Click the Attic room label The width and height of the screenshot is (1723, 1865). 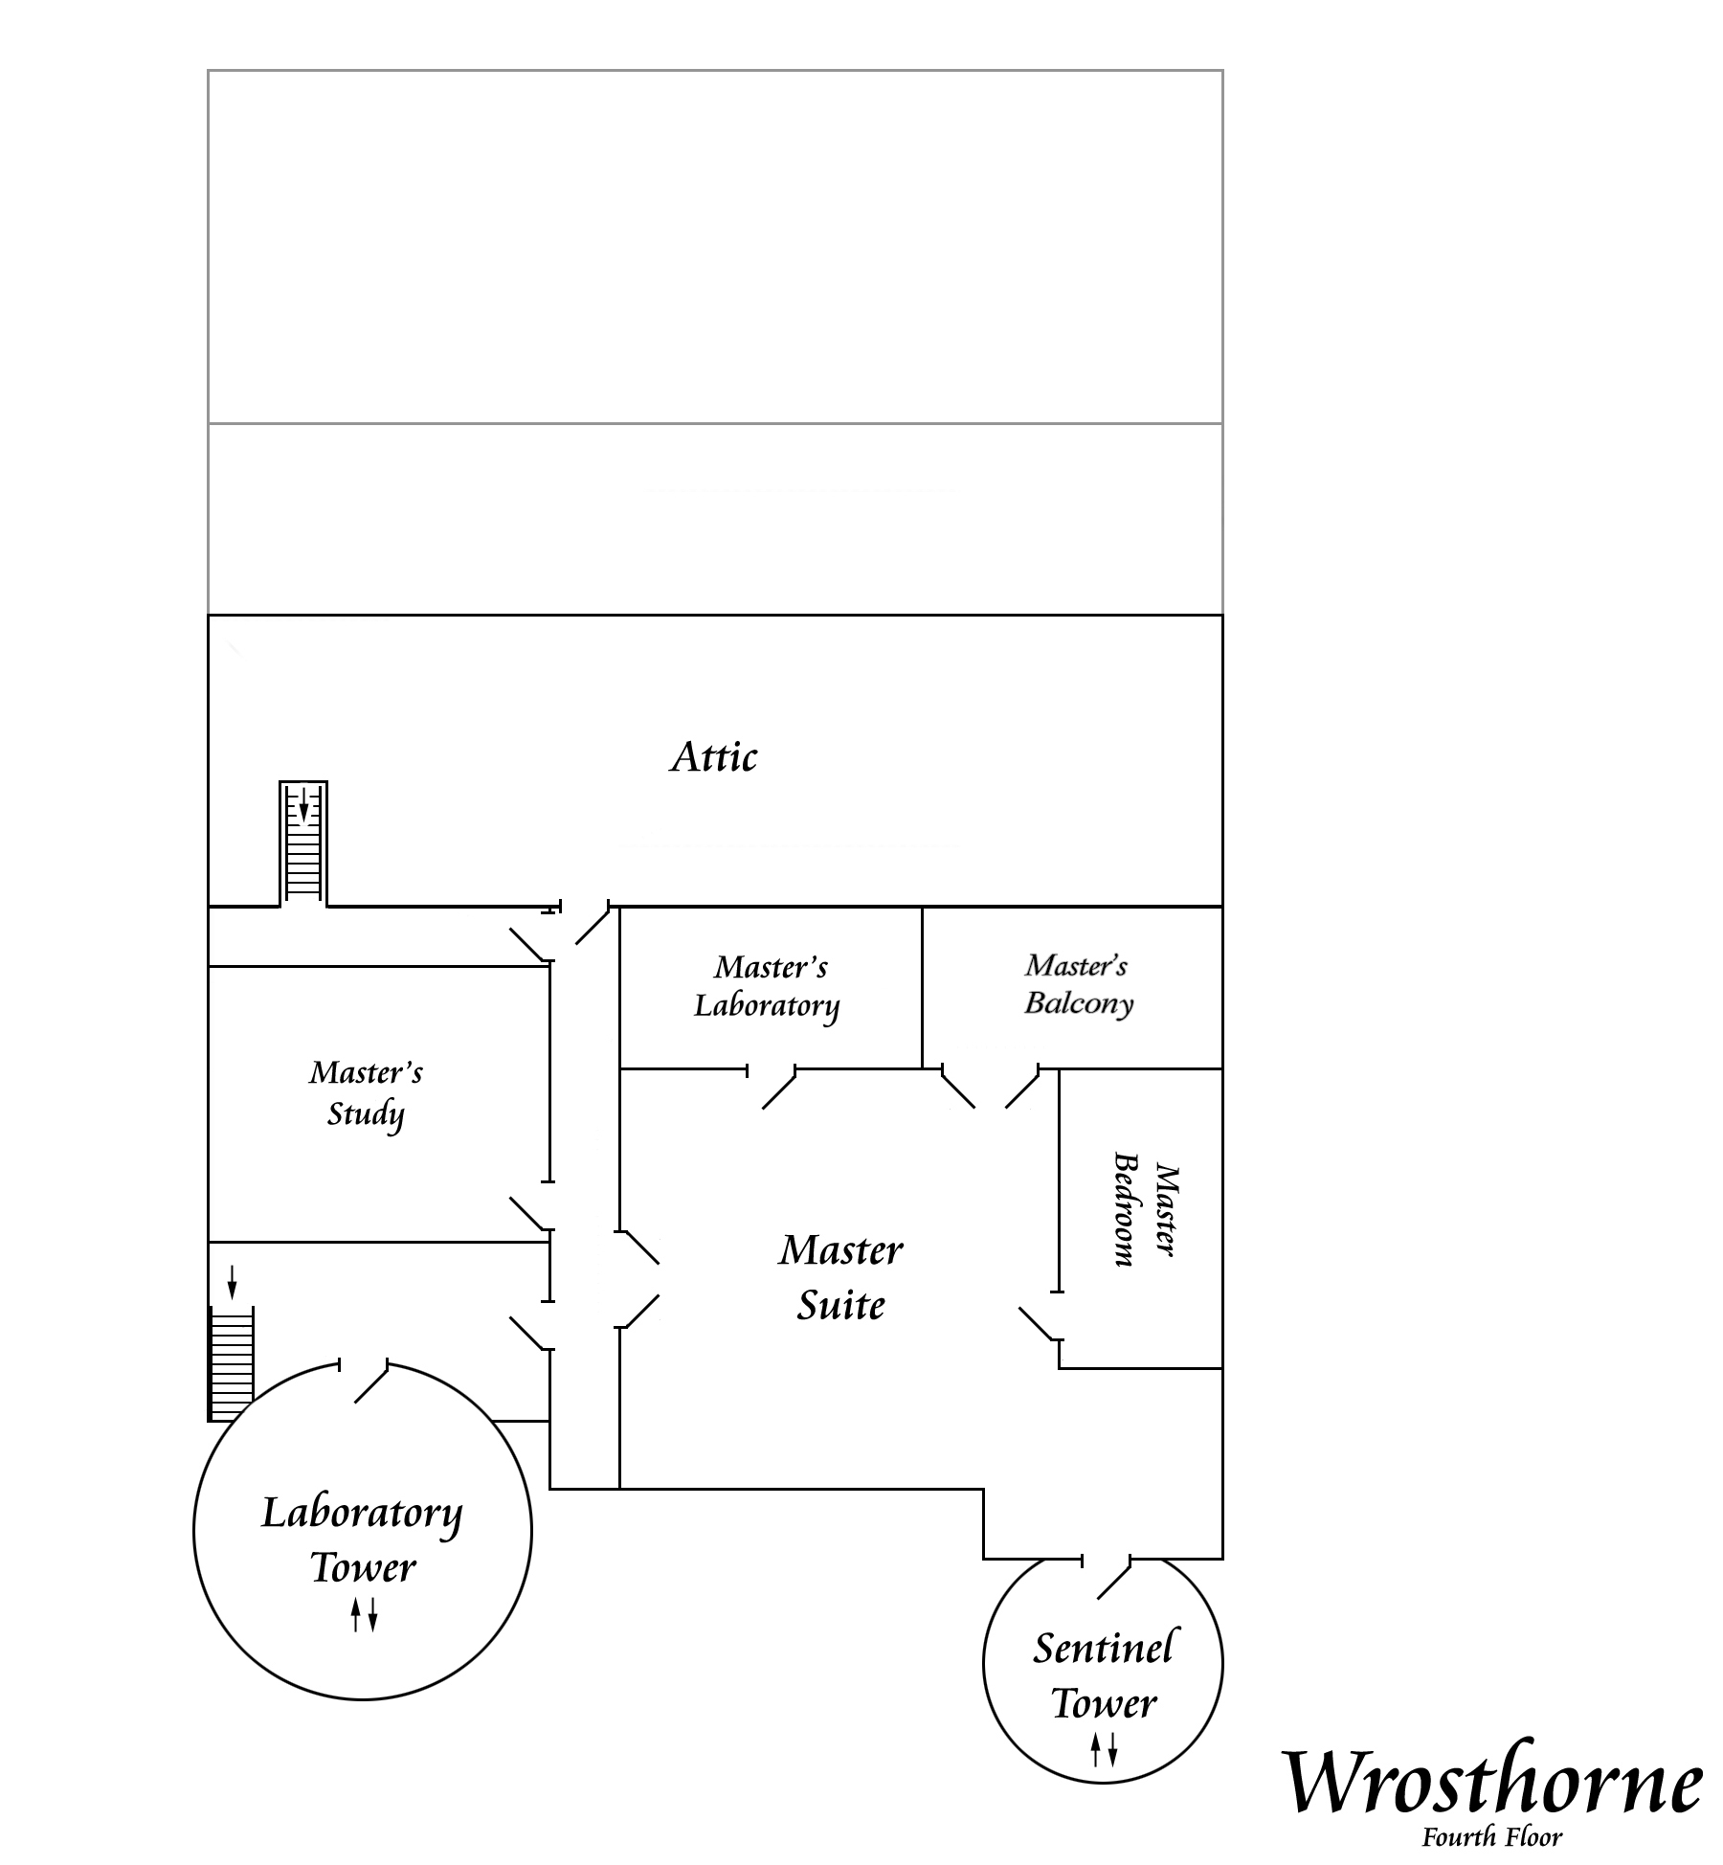(x=714, y=757)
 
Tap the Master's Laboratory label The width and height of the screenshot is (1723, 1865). (x=768, y=987)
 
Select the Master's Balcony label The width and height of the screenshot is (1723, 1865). (x=1079, y=984)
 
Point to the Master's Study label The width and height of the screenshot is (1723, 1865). (x=366, y=1093)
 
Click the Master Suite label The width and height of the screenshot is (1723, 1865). (x=841, y=1277)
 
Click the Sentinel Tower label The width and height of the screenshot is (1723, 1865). (x=1104, y=1674)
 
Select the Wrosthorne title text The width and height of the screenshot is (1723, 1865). (x=1491, y=1782)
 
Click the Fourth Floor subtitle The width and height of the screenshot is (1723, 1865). (x=1491, y=1837)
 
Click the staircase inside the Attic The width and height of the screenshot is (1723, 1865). (x=303, y=843)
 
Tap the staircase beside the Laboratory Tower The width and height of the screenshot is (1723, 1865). (x=232, y=1363)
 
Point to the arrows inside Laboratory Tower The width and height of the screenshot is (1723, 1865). (x=364, y=1614)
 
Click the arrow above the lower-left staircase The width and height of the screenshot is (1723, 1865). (x=232, y=1283)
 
